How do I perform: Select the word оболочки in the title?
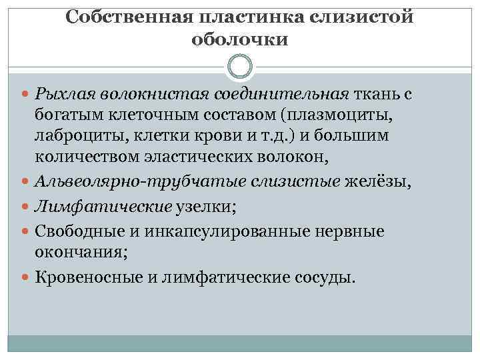240,40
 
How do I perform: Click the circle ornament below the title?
240,67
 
